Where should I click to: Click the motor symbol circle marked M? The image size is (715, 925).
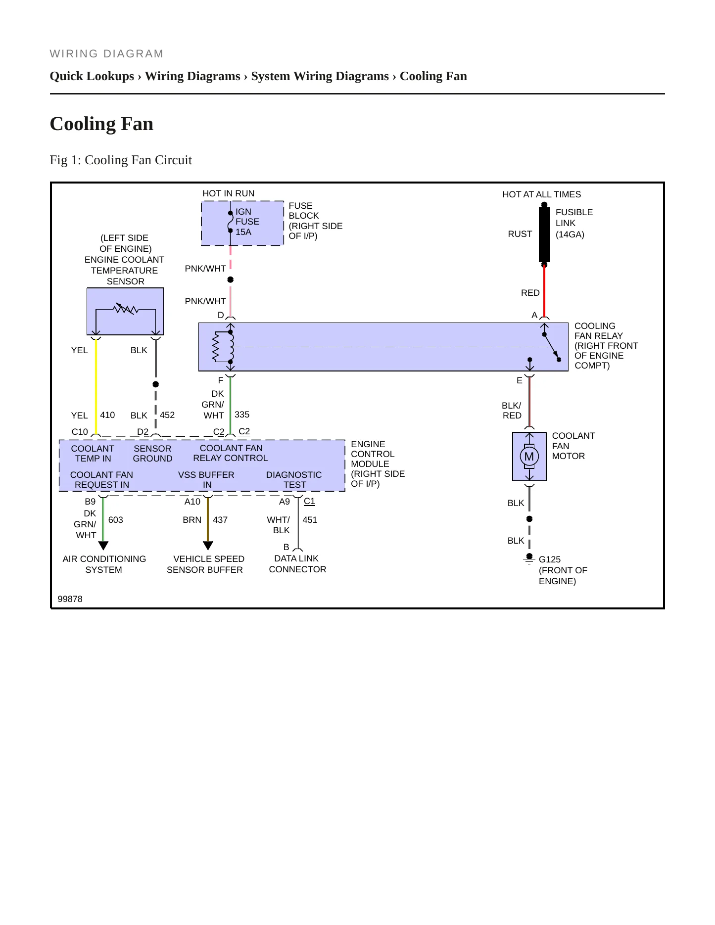pos(529,456)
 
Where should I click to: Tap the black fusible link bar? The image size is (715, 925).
pos(544,234)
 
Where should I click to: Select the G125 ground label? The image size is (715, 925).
pos(549,559)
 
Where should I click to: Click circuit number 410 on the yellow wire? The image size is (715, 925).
pos(107,415)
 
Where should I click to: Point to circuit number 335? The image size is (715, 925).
pos(242,415)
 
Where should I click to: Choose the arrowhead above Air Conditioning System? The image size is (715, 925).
pos(103,546)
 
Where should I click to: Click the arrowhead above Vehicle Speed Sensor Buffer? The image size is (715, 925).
pos(208,546)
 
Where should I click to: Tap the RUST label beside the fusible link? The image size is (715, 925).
pos(520,234)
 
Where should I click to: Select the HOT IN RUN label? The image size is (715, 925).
pos(228,193)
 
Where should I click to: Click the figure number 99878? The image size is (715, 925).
pos(70,599)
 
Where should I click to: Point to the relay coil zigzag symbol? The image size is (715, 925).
pos(215,346)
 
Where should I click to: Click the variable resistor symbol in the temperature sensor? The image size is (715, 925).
pos(126,309)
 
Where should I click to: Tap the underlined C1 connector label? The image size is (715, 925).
pos(309,501)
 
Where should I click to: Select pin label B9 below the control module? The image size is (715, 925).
pos(90,502)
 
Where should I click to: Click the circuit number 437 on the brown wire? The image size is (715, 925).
pos(220,520)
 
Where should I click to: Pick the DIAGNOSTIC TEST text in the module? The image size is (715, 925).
pos(294,480)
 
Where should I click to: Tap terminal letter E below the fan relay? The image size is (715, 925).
pos(520,380)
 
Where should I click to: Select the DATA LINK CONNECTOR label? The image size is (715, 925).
pos(297,564)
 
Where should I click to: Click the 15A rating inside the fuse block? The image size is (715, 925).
pos(243,232)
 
